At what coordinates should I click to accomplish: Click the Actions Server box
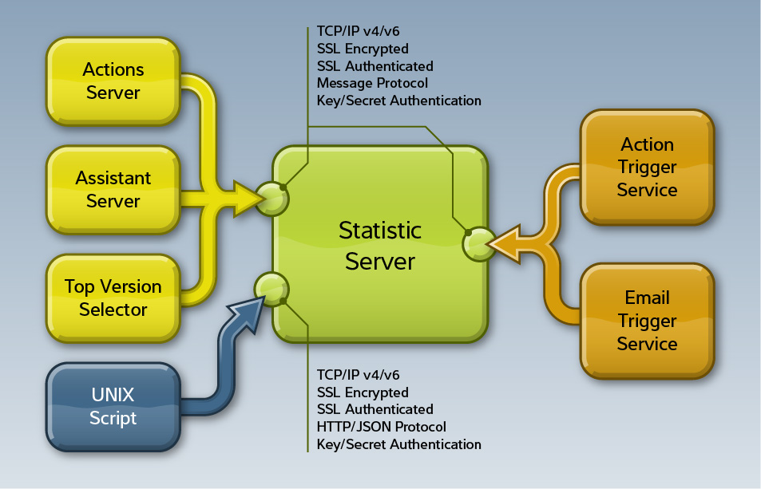coord(113,81)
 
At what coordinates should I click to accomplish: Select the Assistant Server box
coord(113,190)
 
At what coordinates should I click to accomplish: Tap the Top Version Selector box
coord(113,298)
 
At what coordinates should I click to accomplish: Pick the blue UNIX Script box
coord(113,407)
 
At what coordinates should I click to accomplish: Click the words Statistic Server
coord(380,246)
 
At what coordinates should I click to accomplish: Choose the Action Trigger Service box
coord(647,168)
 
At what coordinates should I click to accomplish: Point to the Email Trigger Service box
coord(647,321)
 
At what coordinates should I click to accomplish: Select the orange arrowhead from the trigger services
coord(505,243)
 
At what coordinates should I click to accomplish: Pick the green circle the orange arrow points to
coord(479,244)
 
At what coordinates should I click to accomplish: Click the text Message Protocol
coord(372,83)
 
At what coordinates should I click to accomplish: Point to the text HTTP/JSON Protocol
coord(381,427)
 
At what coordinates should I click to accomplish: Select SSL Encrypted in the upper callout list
coord(363,49)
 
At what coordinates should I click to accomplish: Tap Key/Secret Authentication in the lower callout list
coord(398,444)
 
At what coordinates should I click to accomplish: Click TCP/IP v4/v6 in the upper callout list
coord(358,32)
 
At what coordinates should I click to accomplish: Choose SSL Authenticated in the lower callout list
coord(375,409)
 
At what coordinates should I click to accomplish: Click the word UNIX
coord(113,395)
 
